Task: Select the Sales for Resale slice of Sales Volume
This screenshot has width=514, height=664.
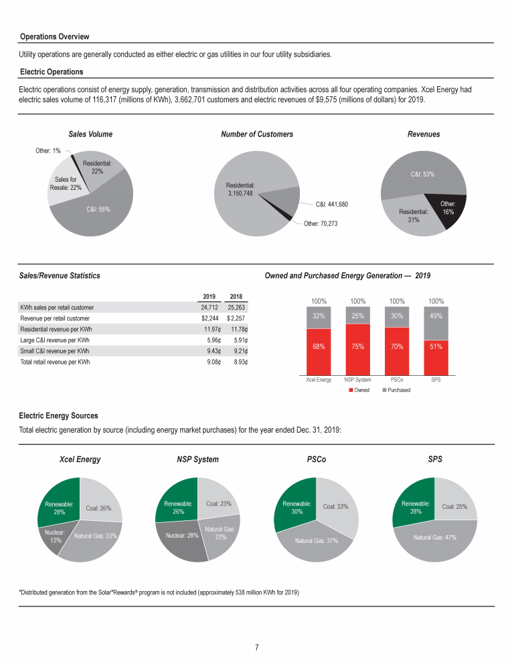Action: tap(66, 182)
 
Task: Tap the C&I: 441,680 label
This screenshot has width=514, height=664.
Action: tap(332, 205)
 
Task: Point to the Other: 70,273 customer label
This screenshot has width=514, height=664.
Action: tap(321, 223)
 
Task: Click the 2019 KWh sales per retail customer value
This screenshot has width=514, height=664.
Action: tap(209, 308)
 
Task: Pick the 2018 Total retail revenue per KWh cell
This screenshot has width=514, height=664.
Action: tap(240, 362)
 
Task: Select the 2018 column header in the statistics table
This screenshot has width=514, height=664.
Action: tap(236, 296)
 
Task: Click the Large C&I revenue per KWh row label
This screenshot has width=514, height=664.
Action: tap(55, 340)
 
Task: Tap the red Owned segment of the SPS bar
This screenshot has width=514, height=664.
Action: tap(436, 358)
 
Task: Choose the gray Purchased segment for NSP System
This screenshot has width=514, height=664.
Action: tap(357, 316)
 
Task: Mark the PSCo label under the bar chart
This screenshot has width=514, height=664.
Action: tap(397, 380)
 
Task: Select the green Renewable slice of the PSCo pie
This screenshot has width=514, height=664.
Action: tap(296, 506)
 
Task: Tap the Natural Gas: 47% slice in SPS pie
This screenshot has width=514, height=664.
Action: tap(435, 542)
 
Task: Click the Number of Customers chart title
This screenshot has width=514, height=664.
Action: tap(257, 134)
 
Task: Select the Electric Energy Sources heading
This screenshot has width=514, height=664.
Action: tap(58, 416)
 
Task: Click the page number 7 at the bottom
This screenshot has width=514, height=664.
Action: tap(257, 647)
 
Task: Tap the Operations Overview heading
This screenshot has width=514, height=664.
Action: tap(55, 37)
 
